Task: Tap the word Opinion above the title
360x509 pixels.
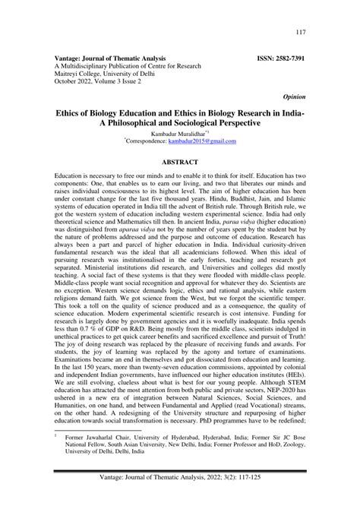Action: pos(295,97)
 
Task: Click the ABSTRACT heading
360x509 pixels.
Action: pos(180,162)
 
